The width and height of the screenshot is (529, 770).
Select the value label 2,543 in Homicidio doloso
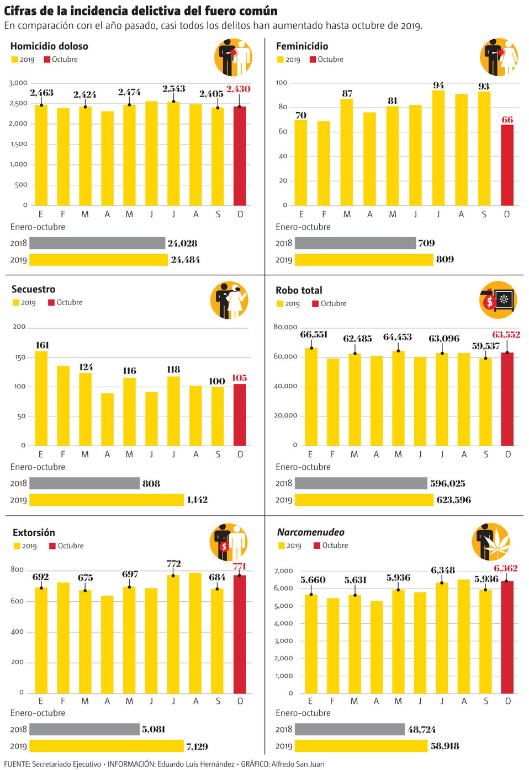[173, 89]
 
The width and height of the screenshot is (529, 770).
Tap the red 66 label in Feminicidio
[507, 120]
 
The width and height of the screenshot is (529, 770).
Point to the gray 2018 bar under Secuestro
[84, 483]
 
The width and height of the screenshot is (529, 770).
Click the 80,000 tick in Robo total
[285, 327]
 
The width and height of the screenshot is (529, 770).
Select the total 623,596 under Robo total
[453, 500]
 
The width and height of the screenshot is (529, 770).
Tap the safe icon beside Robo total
[503, 300]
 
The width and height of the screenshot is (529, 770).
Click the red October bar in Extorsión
[240, 634]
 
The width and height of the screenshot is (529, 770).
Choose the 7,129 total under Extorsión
[197, 746]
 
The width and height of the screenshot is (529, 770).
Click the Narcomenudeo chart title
[311, 532]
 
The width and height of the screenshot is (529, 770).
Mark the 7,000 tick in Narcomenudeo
[284, 571]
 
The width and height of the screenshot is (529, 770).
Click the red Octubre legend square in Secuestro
[51, 303]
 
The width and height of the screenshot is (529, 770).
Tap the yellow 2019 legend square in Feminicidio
[281, 60]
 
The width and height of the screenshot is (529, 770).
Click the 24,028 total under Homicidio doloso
[182, 243]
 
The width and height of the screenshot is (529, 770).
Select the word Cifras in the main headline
[20, 11]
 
